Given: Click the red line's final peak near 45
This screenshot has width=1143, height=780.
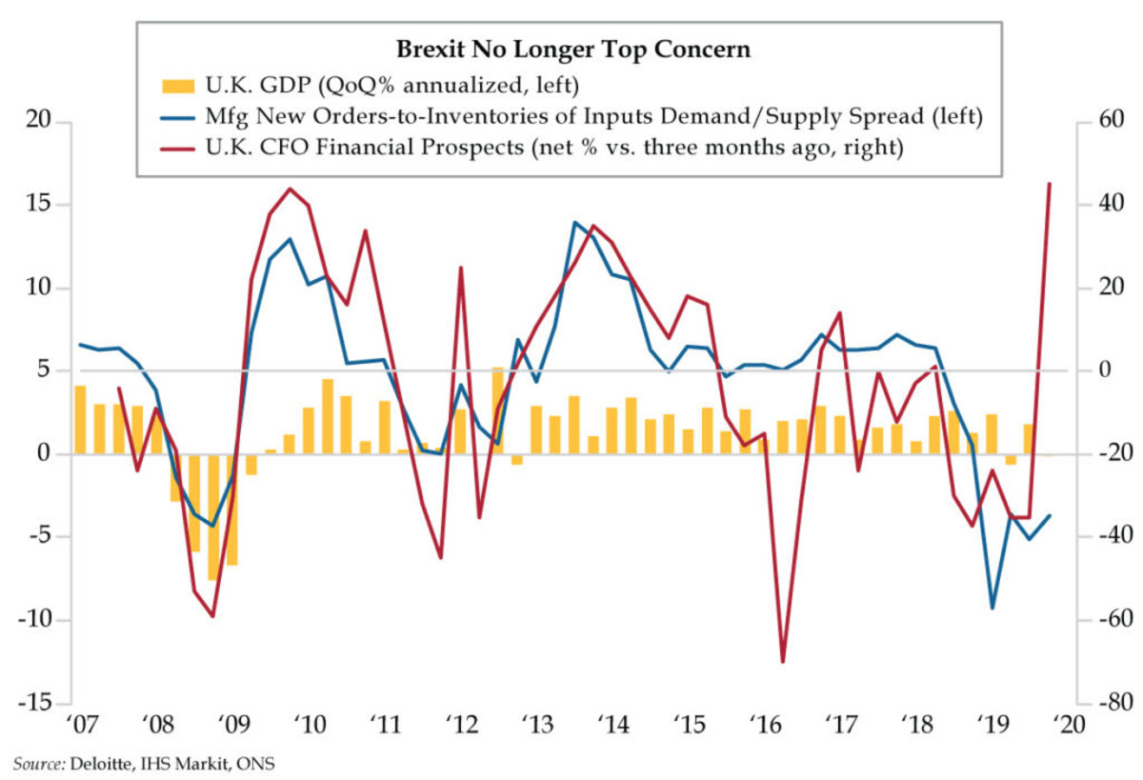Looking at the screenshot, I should coord(1049,183).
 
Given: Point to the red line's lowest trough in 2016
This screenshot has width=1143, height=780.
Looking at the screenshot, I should coord(783,662).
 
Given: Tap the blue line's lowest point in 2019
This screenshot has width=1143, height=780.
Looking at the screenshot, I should coord(993,608).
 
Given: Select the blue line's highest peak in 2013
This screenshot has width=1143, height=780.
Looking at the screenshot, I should coord(574,223).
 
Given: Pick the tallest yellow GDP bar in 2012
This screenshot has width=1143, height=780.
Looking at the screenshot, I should coord(498,410).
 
